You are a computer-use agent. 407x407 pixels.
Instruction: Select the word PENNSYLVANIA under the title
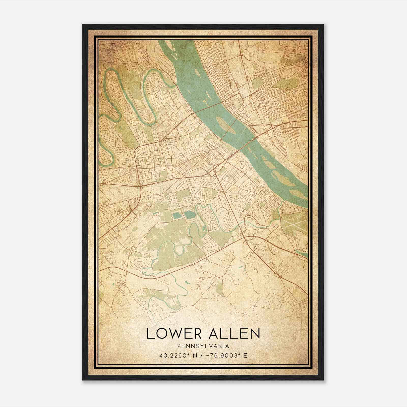[x=203, y=346]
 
